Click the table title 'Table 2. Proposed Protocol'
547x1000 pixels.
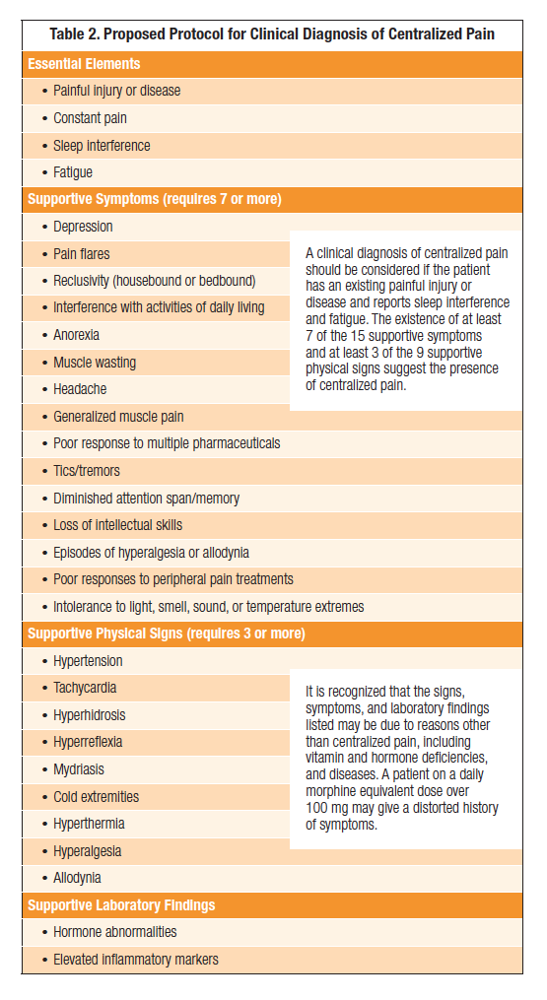pos(272,34)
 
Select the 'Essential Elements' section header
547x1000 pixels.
pos(84,64)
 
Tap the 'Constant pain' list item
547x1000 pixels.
pos(90,118)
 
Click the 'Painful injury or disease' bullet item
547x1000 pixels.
pos(116,91)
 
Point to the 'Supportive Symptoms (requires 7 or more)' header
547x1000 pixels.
pos(155,199)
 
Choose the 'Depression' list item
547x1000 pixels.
pos(83,227)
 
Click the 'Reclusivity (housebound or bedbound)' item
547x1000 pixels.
pos(154,281)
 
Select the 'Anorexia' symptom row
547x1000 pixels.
pos(76,335)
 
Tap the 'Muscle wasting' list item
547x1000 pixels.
pos(95,363)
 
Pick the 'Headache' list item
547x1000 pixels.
pos(79,389)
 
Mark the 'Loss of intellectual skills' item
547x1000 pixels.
pos(117,525)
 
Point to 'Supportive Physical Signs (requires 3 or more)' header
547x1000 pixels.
pos(167,633)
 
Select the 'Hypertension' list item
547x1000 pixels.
pos(89,661)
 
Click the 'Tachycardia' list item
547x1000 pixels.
pos(85,688)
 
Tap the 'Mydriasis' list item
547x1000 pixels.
pos(79,769)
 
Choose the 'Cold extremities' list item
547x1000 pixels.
pos(96,796)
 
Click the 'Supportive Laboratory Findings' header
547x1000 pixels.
pos(121,904)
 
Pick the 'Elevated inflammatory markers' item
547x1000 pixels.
pos(136,959)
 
